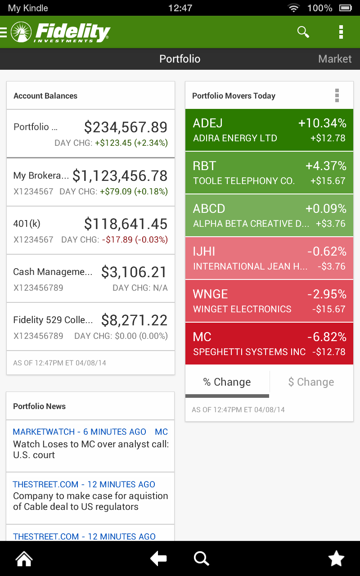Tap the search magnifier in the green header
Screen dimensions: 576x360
[x=303, y=32]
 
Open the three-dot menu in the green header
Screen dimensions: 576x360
[x=341, y=32]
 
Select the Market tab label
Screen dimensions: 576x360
[x=335, y=59]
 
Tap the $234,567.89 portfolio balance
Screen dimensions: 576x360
[x=126, y=127]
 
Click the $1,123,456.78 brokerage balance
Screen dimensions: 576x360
[x=120, y=175]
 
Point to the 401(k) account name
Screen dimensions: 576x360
[x=27, y=224]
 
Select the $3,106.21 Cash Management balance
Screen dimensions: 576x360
[x=134, y=272]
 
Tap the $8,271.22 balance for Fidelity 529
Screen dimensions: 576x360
[x=134, y=320]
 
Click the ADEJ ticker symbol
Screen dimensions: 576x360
[x=208, y=123]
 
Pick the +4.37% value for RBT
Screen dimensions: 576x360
[x=326, y=166]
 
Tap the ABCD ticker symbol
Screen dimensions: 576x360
[x=209, y=209]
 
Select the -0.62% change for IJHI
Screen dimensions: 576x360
[x=327, y=252]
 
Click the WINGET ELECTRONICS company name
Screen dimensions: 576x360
[x=242, y=309]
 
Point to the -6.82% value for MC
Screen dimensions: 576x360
[x=327, y=337]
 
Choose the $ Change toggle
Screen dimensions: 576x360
[x=311, y=382]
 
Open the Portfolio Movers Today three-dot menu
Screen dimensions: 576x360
[x=337, y=95]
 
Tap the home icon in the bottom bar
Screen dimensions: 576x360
[x=24, y=559]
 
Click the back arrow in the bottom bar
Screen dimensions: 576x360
[x=158, y=559]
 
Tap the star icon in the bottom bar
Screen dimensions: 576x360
[x=336, y=559]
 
